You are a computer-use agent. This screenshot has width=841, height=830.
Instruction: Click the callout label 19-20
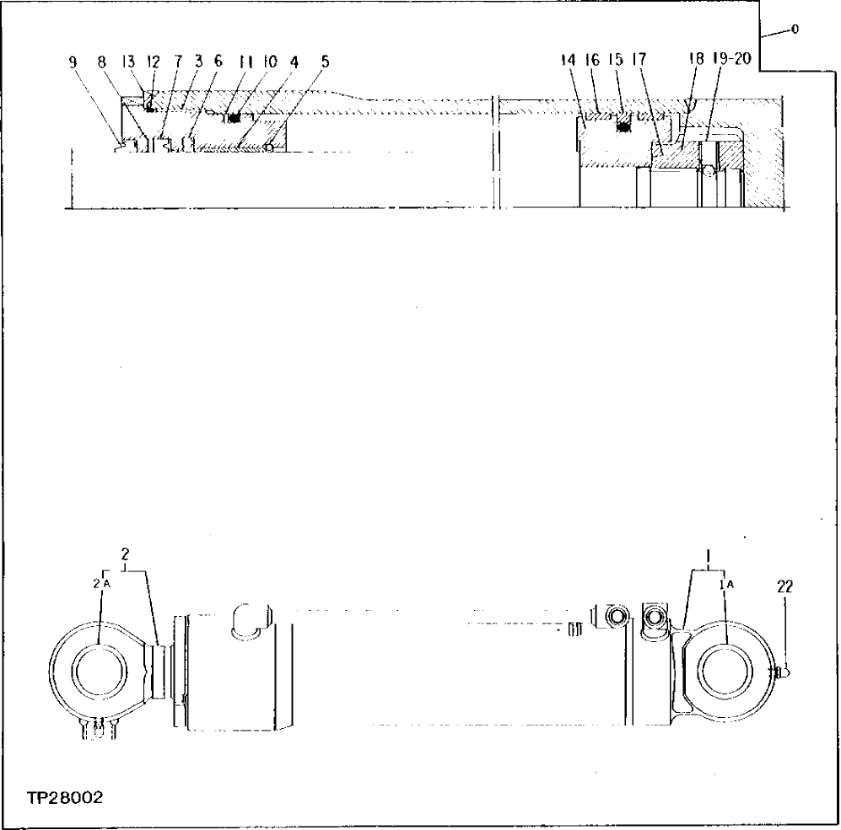pos(732,61)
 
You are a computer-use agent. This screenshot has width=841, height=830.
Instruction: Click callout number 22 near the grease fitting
pos(785,587)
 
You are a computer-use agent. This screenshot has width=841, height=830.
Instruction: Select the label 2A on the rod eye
pos(101,582)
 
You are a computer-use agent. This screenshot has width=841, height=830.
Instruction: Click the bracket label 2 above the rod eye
pos(125,554)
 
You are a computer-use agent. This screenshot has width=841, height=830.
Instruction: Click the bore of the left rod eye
pos(102,673)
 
